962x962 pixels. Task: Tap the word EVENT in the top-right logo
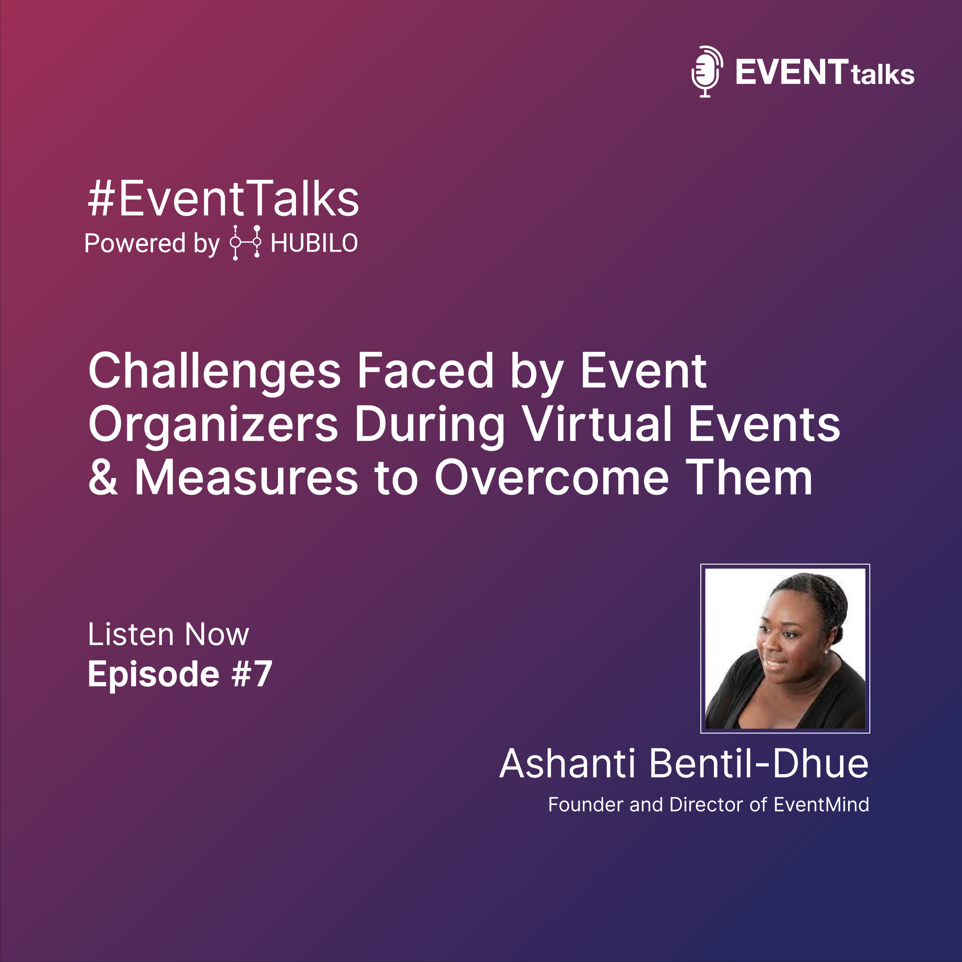[792, 72]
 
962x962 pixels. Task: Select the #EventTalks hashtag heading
[224, 199]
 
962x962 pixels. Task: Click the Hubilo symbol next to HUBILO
[245, 242]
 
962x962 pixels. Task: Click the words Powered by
[152, 244]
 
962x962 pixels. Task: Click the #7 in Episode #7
[252, 674]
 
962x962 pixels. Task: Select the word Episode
[153, 676]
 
